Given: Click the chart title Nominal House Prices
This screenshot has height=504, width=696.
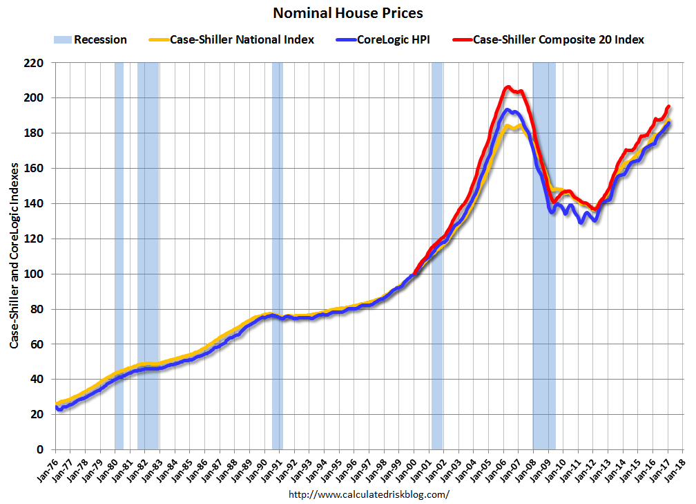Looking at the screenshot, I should pyautogui.click(x=347, y=13).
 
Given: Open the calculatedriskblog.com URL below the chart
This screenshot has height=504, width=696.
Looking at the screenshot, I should pyautogui.click(x=368, y=494).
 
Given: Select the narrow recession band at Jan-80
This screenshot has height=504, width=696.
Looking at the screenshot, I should pyautogui.click(x=119, y=256).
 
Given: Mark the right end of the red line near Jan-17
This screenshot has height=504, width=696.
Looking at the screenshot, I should pyautogui.click(x=668, y=106).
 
